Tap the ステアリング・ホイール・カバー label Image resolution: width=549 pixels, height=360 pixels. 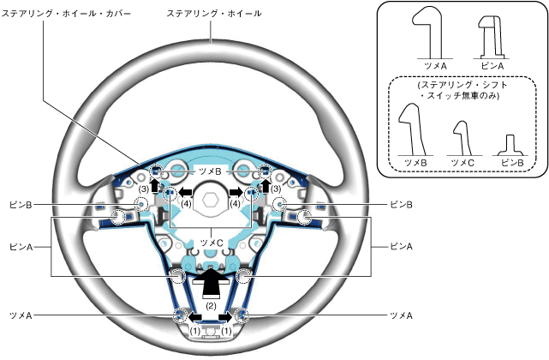[44, 14]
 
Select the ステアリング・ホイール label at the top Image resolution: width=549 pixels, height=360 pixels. [214, 14]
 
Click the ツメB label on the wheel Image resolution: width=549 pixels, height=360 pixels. [210, 171]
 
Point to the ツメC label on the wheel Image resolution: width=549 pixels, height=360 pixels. [211, 243]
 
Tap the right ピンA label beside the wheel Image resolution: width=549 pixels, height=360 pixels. [402, 246]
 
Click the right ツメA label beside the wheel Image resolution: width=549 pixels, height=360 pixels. [402, 315]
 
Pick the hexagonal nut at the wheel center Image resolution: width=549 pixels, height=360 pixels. [211, 204]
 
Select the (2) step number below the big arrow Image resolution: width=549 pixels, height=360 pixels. [211, 303]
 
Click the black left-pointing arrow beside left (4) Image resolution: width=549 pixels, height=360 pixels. [184, 192]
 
